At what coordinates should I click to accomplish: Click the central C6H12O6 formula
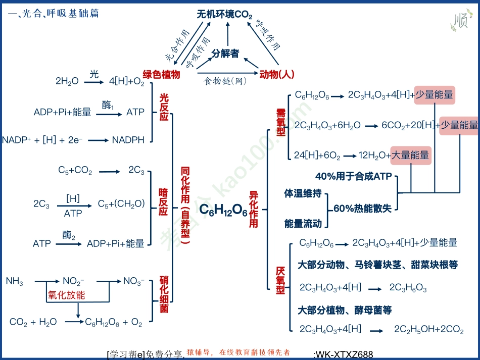pos(223,211)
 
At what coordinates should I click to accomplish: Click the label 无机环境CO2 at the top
pos(224,15)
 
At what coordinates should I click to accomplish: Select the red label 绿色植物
pos(161,75)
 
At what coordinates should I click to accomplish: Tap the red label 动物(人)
pos(276,75)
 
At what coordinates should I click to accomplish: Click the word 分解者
pos(225,54)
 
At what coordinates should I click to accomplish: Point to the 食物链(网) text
pos(225,81)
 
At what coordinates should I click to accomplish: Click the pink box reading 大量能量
pos(410,156)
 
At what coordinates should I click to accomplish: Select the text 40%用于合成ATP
pos(354,177)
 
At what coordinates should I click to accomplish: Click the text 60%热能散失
pos(362,209)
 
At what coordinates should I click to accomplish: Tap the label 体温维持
pos(303,194)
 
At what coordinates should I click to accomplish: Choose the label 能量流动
pos(303,223)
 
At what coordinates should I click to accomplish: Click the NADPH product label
pos(128,140)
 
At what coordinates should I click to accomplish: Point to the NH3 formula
pos(15,281)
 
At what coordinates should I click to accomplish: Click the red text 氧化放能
pos(66,295)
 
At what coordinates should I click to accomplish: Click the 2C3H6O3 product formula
pos(408,288)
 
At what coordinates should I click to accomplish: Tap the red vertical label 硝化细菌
pos(164,294)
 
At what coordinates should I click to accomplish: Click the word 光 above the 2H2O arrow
pos(94,74)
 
